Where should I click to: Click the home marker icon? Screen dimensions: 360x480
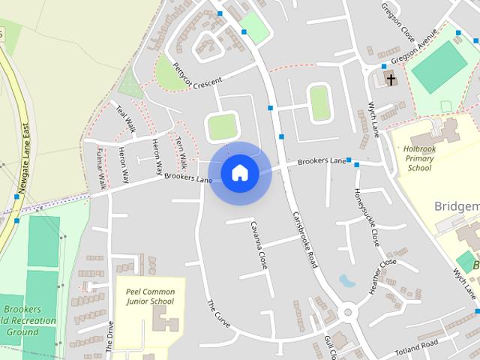pos(239,173)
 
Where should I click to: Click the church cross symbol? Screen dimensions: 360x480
pos(390,78)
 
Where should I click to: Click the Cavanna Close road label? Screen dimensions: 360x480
pos(259,245)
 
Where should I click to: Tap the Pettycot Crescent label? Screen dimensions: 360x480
pos(197,76)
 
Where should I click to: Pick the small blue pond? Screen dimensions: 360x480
pos(346,281)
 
